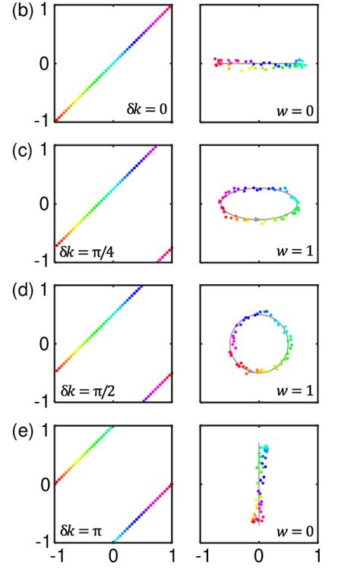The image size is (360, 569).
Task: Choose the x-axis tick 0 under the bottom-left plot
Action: (113, 557)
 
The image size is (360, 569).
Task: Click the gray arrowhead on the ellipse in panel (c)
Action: (258, 220)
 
